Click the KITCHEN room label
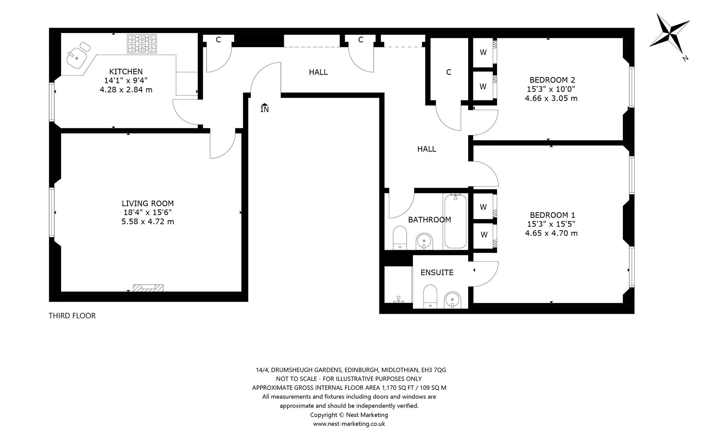(x=126, y=71)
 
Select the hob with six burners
(x=142, y=44)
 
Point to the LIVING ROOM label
(x=148, y=203)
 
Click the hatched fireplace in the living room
(x=148, y=288)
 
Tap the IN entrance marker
(x=264, y=108)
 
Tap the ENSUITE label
(x=437, y=273)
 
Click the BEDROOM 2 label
(x=552, y=80)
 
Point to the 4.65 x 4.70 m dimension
(x=551, y=233)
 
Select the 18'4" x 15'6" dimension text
(x=148, y=212)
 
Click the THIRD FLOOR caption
(x=72, y=316)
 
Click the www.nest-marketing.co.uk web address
(x=349, y=424)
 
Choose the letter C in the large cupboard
(x=448, y=72)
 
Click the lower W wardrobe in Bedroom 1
(x=484, y=235)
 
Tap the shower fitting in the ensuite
(x=399, y=299)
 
